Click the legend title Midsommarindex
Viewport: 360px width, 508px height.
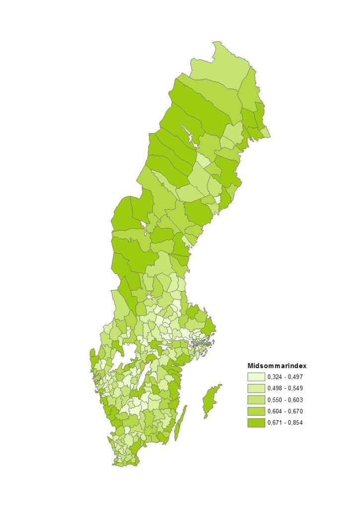pyautogui.click(x=277, y=366)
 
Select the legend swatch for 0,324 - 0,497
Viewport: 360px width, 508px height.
pyautogui.click(x=256, y=377)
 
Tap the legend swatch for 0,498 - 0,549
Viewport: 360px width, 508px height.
pyautogui.click(x=256, y=388)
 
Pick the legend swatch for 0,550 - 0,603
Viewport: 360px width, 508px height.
pyautogui.click(x=256, y=399)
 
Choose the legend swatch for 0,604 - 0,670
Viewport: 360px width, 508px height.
pyautogui.click(x=256, y=411)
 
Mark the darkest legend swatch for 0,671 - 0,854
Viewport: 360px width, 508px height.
pyautogui.click(x=256, y=422)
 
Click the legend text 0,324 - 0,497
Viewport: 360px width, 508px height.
pyautogui.click(x=285, y=377)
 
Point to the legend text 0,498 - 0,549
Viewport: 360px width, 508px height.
pyautogui.click(x=285, y=388)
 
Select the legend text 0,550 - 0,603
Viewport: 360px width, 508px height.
pyautogui.click(x=285, y=399)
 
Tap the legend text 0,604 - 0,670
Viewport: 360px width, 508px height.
pyautogui.click(x=285, y=411)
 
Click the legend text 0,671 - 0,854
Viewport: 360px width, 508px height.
pyautogui.click(x=285, y=422)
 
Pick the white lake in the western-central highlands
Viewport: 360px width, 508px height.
pyautogui.click(x=144, y=229)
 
